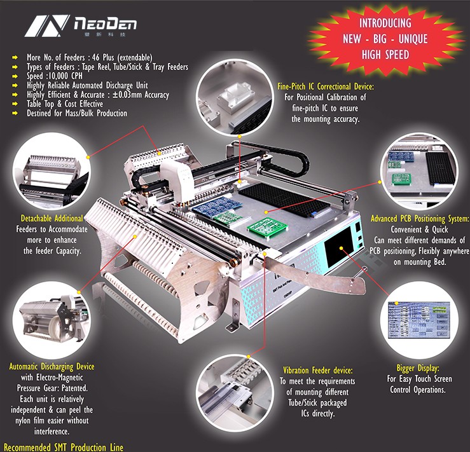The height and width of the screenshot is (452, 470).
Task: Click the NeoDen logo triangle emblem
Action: coord(47,26)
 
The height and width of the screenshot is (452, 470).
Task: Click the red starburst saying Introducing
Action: coord(385,39)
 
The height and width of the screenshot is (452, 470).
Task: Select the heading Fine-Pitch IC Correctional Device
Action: coord(326,86)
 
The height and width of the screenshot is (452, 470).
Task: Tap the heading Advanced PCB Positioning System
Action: coord(420,219)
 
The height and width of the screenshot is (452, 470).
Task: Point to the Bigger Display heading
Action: coord(418,368)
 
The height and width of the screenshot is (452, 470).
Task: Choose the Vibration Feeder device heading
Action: coord(318,371)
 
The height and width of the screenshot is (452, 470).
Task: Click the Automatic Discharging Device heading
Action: coord(52,367)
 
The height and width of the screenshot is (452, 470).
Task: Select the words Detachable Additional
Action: coord(52,218)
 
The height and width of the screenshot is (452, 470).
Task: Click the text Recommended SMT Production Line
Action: coord(63,447)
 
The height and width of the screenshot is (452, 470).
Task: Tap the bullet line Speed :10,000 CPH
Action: coord(54,76)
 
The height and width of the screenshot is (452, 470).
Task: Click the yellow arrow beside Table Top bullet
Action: coord(15,104)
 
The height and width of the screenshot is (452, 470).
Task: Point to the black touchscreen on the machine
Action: coord(338,247)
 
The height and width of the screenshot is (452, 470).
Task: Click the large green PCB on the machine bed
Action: coord(266,228)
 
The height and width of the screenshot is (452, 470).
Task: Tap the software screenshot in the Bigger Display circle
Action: coord(418,320)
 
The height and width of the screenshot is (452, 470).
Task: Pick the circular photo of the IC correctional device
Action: coord(235,97)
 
